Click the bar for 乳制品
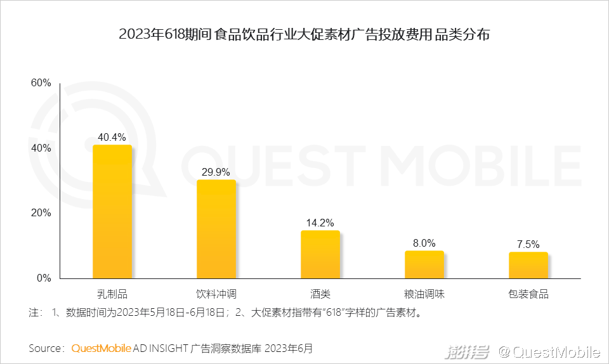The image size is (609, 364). (112, 212)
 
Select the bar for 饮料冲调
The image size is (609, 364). (216, 229)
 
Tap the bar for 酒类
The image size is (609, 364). (320, 254)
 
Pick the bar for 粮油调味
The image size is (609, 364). (424, 264)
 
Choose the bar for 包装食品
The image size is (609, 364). (528, 265)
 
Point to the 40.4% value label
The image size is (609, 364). (112, 137)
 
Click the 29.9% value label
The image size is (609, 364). (216, 172)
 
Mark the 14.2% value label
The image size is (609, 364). (320, 223)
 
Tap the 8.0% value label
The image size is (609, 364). (424, 243)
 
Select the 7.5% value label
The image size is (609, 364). (528, 244)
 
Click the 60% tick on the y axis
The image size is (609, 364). (41, 83)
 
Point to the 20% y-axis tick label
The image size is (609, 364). (41, 213)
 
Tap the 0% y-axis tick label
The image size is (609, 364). (44, 278)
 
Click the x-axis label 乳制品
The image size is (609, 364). (112, 294)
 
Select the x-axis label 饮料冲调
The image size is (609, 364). (216, 294)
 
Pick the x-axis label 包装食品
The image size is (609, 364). (528, 294)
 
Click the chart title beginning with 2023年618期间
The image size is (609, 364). (304, 35)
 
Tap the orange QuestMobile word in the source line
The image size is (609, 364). (101, 348)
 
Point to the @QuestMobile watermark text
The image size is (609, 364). (549, 351)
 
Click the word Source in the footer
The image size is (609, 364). (45, 348)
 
